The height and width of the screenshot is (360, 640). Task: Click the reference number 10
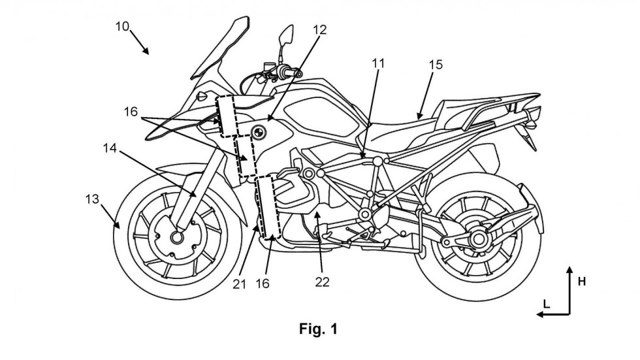point(122,27)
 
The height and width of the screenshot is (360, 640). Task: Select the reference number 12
point(321,30)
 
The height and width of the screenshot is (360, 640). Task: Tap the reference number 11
point(378,63)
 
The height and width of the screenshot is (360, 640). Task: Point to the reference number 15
point(436,65)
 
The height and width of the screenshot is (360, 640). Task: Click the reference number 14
point(110,148)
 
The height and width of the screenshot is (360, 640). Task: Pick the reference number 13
point(92,199)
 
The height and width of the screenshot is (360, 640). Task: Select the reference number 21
point(240,284)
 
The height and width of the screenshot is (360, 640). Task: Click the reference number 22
point(322,282)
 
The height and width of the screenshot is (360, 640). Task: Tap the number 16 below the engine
point(263,284)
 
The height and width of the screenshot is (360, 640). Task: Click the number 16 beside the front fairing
point(131,112)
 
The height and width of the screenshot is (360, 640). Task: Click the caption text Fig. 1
point(319,329)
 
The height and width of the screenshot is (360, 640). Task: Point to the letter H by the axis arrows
point(582,281)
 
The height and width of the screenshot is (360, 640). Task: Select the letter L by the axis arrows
point(547,304)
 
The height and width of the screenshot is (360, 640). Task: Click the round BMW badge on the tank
point(258,132)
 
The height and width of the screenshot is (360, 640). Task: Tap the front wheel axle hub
point(177,237)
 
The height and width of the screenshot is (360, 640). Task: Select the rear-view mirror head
point(286,35)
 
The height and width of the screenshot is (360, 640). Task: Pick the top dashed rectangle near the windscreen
point(227,116)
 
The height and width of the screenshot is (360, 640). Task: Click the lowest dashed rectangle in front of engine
point(267,207)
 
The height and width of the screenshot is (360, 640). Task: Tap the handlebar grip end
point(299,74)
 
